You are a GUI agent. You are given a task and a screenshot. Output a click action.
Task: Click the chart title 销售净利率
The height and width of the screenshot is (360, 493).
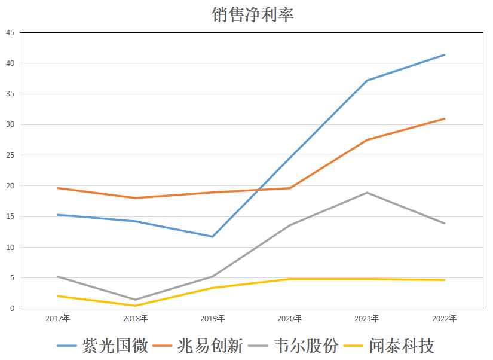click(x=252, y=14)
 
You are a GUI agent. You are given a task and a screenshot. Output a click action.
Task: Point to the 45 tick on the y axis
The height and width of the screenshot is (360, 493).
click(x=10, y=32)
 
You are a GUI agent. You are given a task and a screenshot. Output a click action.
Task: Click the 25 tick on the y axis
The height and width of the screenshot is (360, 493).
click(x=10, y=155)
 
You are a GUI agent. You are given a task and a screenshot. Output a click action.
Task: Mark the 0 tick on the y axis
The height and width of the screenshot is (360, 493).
click(x=11, y=309)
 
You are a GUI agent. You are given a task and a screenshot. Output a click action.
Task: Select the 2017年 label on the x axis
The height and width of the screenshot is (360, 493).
click(x=58, y=318)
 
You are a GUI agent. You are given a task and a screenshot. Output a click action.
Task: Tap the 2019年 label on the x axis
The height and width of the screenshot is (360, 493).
click(x=213, y=318)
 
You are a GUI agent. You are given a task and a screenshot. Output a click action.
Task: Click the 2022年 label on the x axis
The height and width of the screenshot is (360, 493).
click(x=444, y=318)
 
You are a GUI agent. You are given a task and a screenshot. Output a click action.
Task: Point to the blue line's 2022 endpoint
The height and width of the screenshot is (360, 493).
click(x=444, y=55)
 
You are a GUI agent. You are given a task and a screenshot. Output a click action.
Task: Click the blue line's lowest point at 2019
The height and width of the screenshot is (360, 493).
click(x=213, y=237)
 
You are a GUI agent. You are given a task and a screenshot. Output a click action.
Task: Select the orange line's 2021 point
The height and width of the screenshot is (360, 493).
click(x=367, y=140)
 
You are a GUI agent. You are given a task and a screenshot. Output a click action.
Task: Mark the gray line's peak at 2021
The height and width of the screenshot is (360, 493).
click(x=367, y=193)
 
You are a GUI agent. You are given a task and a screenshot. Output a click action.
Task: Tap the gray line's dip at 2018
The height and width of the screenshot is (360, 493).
click(x=136, y=300)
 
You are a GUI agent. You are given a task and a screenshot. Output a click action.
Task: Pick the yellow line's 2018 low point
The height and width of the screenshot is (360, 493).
click(x=136, y=306)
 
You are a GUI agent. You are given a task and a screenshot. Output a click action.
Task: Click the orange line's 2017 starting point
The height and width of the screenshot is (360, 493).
click(x=58, y=188)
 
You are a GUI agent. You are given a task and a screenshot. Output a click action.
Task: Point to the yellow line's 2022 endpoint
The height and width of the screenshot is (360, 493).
click(x=444, y=280)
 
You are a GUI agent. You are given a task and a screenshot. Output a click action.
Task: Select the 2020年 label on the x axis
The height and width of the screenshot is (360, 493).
click(x=290, y=318)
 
